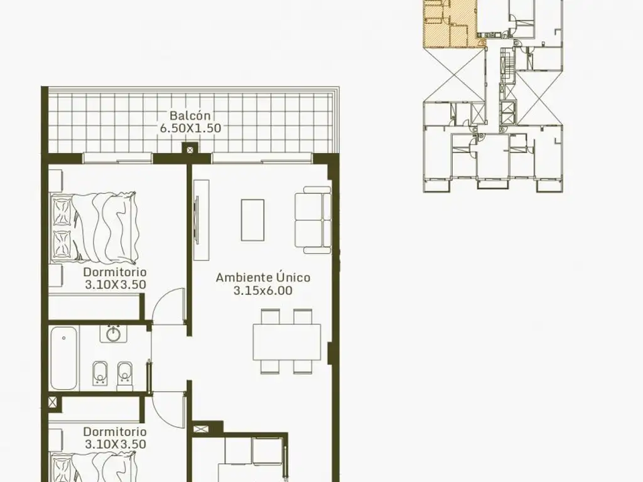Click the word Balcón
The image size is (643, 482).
click(190, 115)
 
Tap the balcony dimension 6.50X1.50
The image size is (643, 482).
click(190, 128)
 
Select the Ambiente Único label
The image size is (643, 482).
click(263, 277)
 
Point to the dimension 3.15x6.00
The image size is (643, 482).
click(263, 291)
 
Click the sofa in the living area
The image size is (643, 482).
click(313, 220)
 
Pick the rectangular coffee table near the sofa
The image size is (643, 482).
click(252, 220)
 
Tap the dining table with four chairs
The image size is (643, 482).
click(286, 342)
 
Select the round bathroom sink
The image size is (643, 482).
click(113, 334)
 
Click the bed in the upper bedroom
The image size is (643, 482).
click(94, 227)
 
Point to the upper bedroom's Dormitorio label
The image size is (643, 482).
click(115, 272)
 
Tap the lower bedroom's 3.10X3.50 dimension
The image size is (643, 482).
click(116, 444)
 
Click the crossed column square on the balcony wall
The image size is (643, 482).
click(190, 149)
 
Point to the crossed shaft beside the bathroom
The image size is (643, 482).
click(53, 402)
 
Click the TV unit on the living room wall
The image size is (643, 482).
click(201, 220)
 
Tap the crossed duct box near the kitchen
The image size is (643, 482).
click(202, 431)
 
